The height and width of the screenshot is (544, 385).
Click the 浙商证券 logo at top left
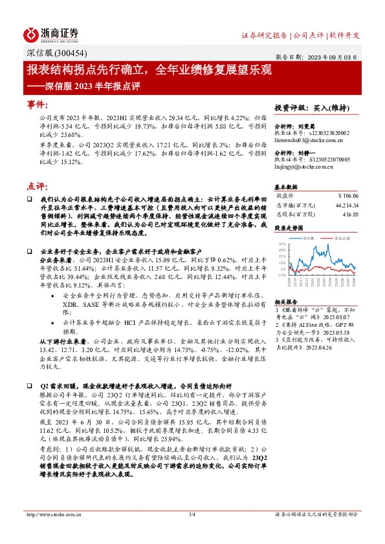52,34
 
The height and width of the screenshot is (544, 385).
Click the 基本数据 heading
287,185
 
